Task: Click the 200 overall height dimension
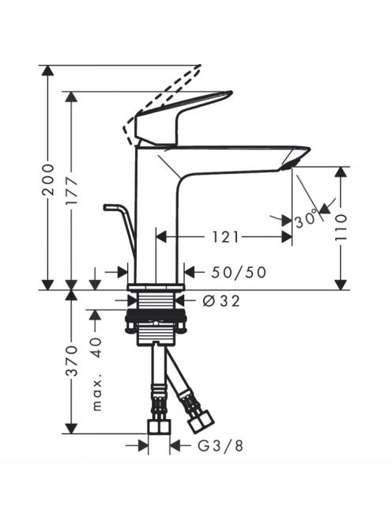[48, 179]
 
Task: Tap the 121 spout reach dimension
[226, 237]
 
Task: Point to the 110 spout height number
[341, 228]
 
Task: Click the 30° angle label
[306, 219]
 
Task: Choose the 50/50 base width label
[239, 272]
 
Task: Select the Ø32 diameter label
[221, 301]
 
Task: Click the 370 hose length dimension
[72, 361]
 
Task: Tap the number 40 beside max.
[96, 348]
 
